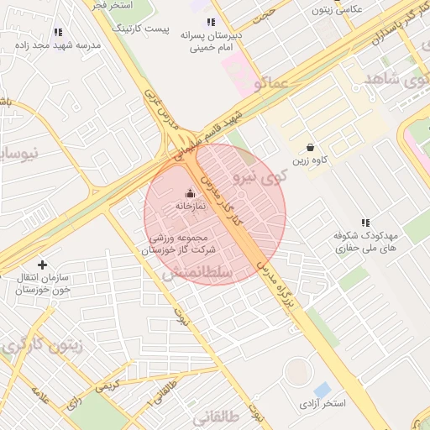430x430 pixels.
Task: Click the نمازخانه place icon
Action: (x=188, y=192)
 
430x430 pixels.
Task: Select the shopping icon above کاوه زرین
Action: (x=311, y=147)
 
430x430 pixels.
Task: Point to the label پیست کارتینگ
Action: (x=145, y=29)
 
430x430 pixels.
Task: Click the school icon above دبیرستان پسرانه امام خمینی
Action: (x=211, y=22)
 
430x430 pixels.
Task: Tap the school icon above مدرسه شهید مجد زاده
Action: (x=57, y=32)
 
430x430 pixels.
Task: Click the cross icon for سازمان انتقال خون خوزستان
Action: (x=42, y=265)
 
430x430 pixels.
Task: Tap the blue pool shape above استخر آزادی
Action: (x=322, y=390)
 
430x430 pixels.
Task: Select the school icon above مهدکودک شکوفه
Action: (x=365, y=223)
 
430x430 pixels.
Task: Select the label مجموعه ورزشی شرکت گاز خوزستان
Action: (x=179, y=244)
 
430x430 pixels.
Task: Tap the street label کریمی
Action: (x=107, y=386)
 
